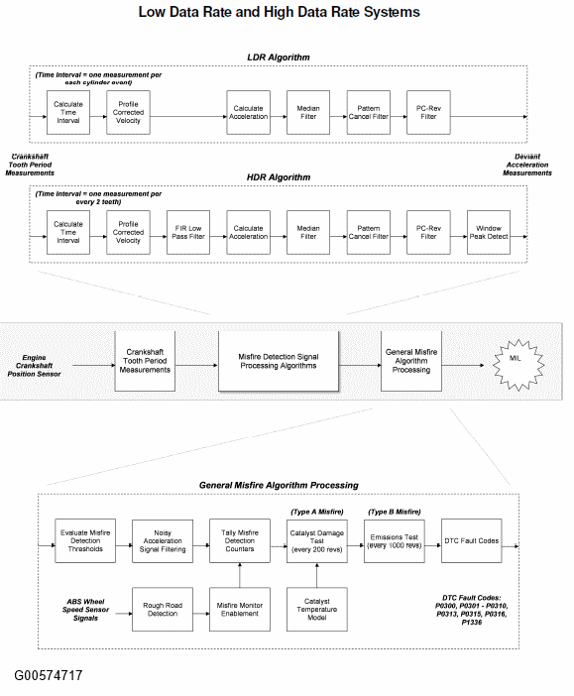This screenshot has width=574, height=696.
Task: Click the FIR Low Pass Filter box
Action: [188, 232]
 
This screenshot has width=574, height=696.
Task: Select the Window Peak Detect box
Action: [489, 232]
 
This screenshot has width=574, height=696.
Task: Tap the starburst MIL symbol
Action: [518, 365]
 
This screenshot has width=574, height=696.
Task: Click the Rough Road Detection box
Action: [163, 609]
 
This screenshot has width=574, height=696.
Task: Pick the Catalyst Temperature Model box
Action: [317, 609]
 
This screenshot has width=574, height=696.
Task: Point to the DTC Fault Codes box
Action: [472, 540]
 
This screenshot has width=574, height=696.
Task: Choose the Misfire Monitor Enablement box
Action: [240, 609]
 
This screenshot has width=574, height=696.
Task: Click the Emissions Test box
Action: [395, 540]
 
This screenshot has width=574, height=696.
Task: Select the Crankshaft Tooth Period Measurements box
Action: [145, 361]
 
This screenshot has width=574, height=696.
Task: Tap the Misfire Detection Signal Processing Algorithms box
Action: [279, 361]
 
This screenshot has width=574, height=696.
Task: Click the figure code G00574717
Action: [49, 675]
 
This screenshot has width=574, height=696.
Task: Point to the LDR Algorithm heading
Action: [279, 58]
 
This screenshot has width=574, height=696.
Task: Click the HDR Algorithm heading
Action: [279, 177]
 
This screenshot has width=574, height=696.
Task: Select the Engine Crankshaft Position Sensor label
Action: [34, 366]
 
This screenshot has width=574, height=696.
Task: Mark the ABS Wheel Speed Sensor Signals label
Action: [85, 610]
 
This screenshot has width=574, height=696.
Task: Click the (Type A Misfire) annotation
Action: [317, 512]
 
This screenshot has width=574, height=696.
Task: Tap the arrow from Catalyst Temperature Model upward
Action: [317, 575]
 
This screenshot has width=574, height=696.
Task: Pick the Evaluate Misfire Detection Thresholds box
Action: [85, 540]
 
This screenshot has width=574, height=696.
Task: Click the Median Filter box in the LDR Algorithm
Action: [308, 112]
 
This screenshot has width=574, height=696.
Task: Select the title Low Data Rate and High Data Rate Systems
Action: [280, 12]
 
